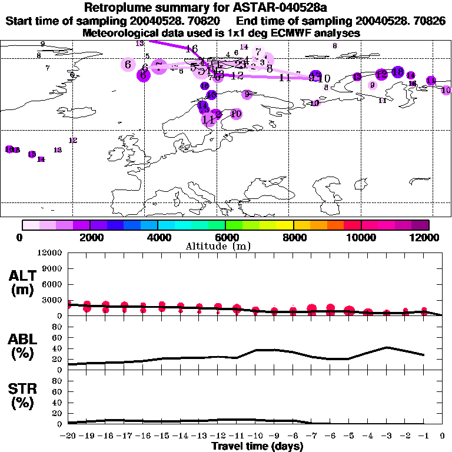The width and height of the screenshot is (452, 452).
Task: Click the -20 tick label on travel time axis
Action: click(x=68, y=437)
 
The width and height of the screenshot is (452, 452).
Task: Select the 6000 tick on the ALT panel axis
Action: click(x=52, y=284)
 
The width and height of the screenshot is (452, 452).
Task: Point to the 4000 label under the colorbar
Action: click(x=157, y=237)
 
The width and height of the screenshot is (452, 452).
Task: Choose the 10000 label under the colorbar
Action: click(x=361, y=237)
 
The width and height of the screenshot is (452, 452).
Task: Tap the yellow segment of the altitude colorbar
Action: click(x=285, y=225)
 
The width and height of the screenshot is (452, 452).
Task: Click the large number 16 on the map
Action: click(x=191, y=49)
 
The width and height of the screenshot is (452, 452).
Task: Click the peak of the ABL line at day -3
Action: click(x=386, y=347)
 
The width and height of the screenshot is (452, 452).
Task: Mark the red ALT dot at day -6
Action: click(x=330, y=308)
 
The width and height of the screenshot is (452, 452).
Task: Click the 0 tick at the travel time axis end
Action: click(x=442, y=437)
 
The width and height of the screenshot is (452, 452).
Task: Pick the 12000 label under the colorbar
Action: click(x=428, y=237)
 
